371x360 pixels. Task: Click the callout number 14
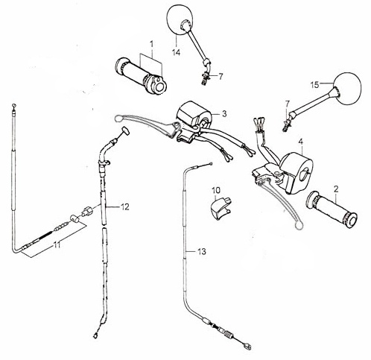point(176,53)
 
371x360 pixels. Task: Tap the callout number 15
point(314,85)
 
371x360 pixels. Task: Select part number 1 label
point(152,44)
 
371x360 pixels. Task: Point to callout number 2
point(336,189)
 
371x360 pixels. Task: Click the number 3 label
point(224,114)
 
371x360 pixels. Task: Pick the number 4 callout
point(301,142)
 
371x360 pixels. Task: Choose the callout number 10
point(216,191)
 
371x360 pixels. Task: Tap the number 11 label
point(57,245)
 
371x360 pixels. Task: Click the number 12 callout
point(125,206)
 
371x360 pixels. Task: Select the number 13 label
point(202,252)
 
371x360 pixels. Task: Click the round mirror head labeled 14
point(180,19)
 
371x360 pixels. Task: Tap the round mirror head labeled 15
point(346,89)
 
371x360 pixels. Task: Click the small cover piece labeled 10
point(220,208)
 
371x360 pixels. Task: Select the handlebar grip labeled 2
point(332,209)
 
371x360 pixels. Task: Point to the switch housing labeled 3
point(194,116)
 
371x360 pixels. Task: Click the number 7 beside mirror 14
point(221,77)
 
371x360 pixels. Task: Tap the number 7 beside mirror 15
point(287,103)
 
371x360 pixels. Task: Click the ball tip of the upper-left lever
point(118,119)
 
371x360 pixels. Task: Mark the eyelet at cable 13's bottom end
point(247,346)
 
